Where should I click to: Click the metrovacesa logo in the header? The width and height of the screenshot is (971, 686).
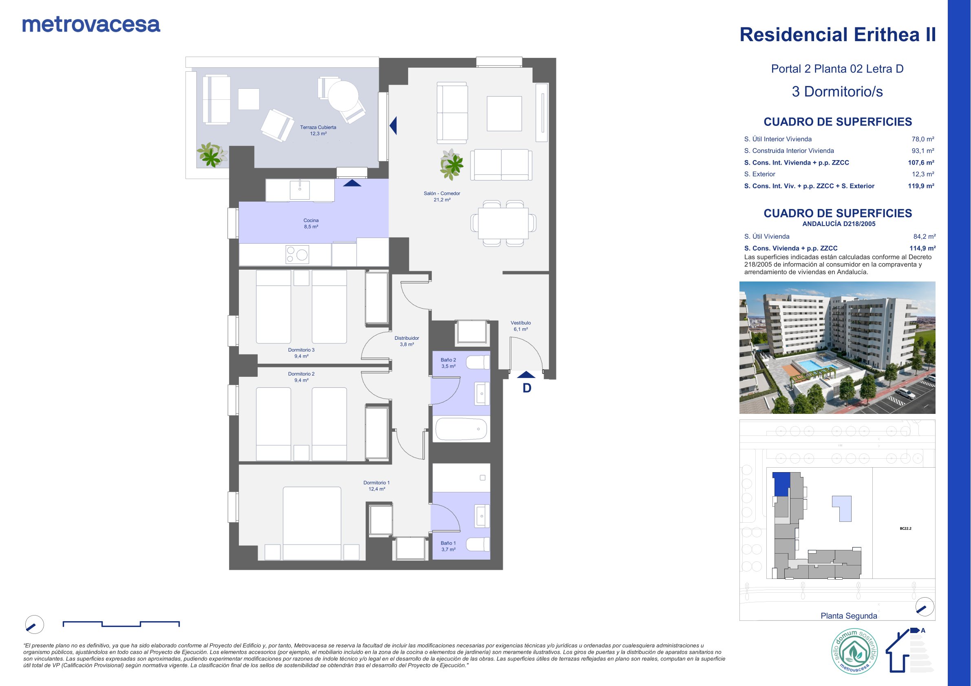(91, 25)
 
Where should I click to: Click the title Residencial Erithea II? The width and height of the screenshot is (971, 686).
(837, 35)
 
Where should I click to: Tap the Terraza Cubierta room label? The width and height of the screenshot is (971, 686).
(318, 130)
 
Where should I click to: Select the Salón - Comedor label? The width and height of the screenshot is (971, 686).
(442, 196)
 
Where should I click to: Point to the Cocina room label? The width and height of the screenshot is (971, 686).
(311, 223)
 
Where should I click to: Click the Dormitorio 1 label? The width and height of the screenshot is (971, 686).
(376, 486)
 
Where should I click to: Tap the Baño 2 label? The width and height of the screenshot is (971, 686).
(448, 363)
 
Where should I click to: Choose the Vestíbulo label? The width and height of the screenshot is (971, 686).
(521, 326)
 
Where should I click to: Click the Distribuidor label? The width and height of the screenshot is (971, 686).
(407, 341)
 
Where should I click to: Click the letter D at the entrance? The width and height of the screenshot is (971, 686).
(527, 388)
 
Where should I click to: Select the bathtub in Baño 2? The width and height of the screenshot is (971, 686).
(461, 429)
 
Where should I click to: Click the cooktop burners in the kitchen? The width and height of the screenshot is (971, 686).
(297, 255)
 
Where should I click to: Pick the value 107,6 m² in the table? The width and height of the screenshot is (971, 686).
(921, 163)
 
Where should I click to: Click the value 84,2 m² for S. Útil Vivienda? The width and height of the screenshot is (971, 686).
(925, 237)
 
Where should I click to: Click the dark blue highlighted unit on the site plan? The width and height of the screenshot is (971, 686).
(781, 484)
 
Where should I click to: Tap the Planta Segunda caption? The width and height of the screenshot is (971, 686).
(849, 616)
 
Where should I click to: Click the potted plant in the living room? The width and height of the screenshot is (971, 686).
(452, 164)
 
